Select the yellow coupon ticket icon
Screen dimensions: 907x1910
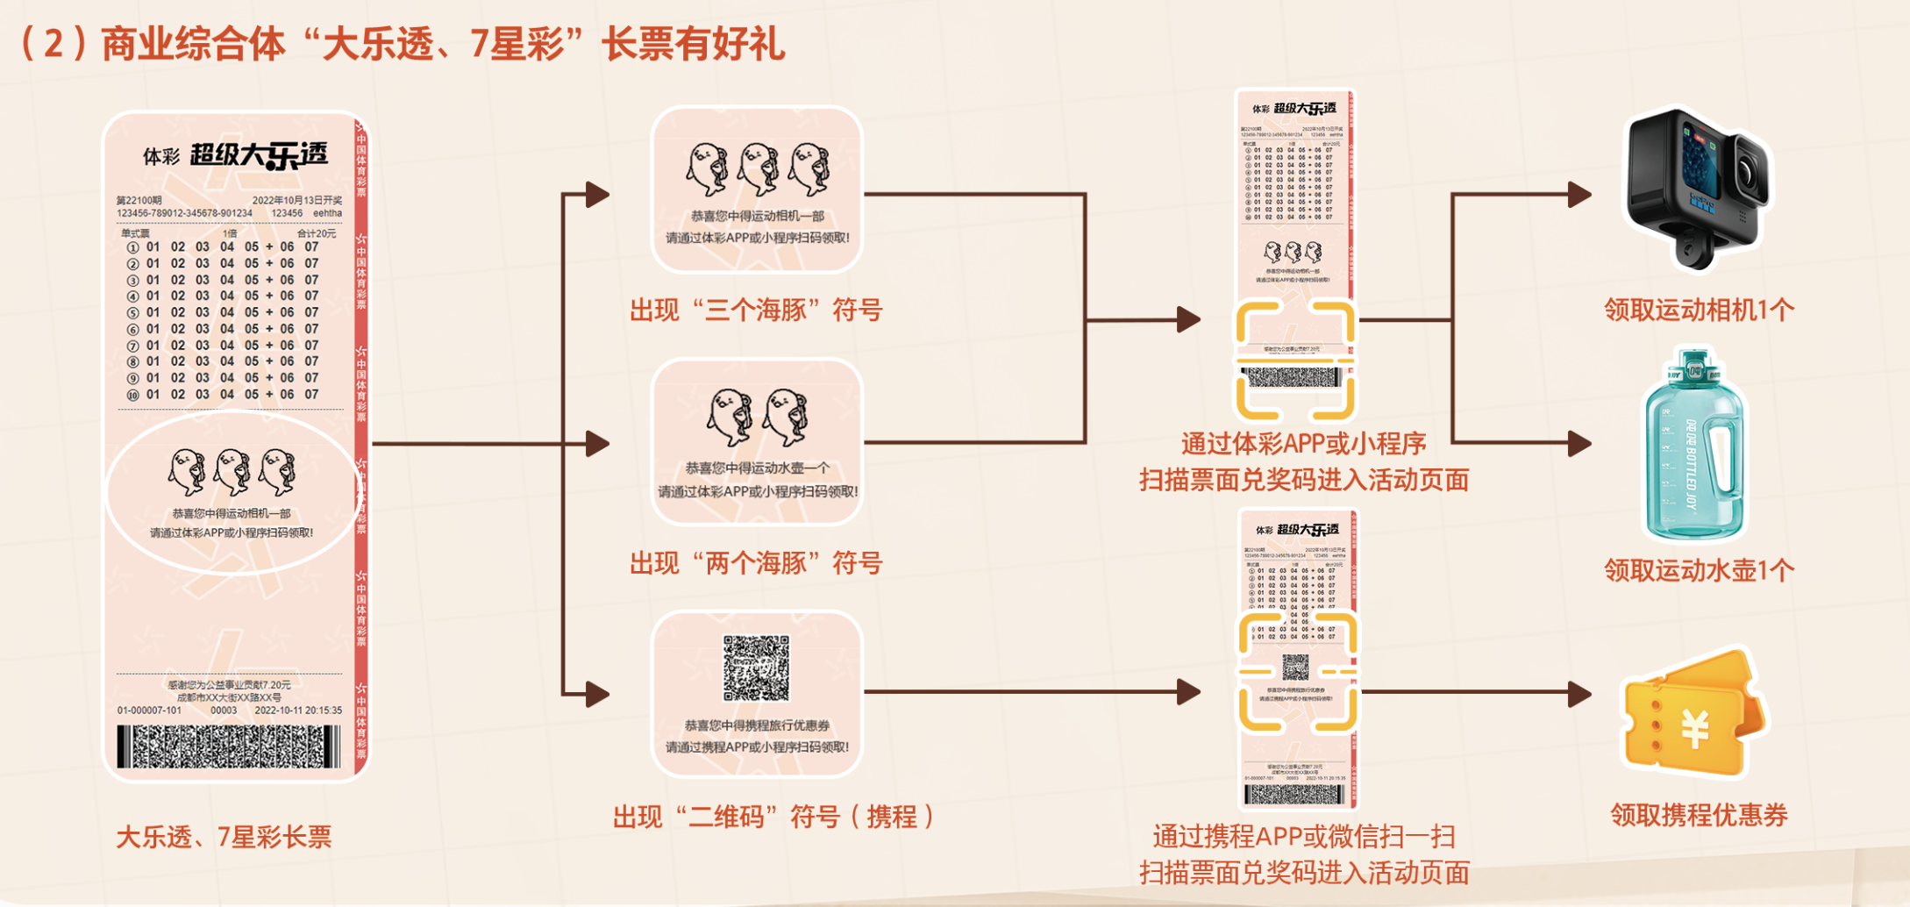(1693, 715)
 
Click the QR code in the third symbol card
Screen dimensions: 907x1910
(756, 668)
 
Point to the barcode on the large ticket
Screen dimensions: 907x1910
(230, 746)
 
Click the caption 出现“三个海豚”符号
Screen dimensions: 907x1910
(756, 311)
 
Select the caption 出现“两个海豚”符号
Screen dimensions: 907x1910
(756, 563)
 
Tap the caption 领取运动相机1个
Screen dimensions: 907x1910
(1699, 310)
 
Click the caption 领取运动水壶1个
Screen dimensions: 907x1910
(1699, 571)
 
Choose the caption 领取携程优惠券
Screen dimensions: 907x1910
(1699, 815)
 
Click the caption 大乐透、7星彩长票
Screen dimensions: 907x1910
(224, 837)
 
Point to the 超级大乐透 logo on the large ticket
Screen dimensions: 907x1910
(259, 155)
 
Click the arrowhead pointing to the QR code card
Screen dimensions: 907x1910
(598, 694)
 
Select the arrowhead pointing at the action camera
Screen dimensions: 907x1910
(1579, 194)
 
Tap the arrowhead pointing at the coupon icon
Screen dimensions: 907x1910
(1579, 694)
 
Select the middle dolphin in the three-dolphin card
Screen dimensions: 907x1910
(759, 168)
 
